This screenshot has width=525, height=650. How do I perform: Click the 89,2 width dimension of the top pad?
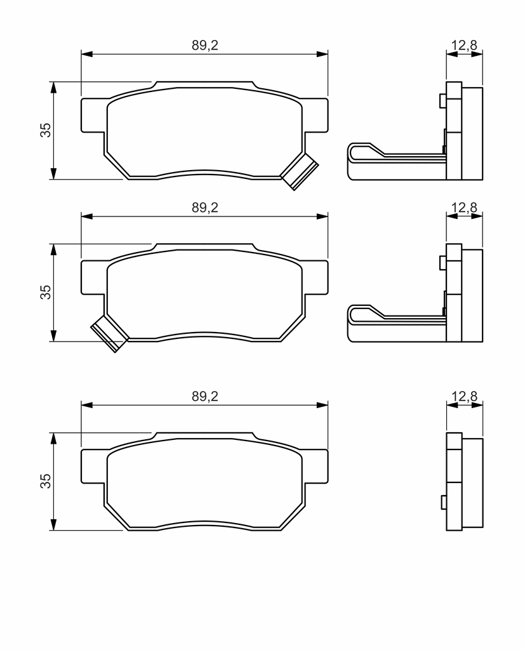[x=205, y=45]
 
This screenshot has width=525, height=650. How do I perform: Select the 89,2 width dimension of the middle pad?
[x=205, y=208]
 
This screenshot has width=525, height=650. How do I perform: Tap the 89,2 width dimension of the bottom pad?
[x=205, y=396]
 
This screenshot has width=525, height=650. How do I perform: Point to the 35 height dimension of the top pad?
[x=46, y=130]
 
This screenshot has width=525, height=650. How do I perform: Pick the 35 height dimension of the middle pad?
[x=46, y=292]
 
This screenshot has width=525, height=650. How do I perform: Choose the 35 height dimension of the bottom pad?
[x=46, y=481]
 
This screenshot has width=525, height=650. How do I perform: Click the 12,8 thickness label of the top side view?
[x=465, y=45]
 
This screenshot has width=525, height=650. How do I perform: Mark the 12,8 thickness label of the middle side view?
[x=465, y=207]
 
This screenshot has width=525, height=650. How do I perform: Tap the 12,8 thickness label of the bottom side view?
[x=465, y=396]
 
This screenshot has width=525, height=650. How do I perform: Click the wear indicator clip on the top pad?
[x=300, y=171]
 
